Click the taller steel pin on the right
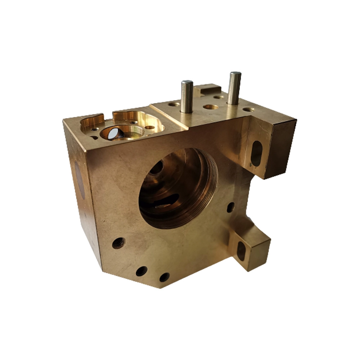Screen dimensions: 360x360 point(234,88)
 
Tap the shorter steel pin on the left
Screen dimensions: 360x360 point(186,96)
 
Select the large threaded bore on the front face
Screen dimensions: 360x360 point(176,187)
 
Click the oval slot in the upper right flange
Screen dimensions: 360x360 point(256,153)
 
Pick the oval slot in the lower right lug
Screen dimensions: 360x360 point(241,251)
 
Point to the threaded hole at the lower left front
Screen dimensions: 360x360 point(118,243)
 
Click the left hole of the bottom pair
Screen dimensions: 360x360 point(141,271)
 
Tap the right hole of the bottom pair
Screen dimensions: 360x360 point(164,277)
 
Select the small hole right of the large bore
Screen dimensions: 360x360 point(230,207)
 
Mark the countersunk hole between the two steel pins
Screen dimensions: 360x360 point(210,107)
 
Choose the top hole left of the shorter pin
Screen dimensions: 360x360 point(174,104)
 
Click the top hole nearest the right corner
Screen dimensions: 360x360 point(248,109)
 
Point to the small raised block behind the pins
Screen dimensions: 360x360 point(207,89)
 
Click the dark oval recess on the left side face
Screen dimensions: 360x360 point(80,180)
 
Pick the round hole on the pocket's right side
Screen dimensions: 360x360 point(149,127)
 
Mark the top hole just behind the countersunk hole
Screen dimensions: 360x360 point(218,97)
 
